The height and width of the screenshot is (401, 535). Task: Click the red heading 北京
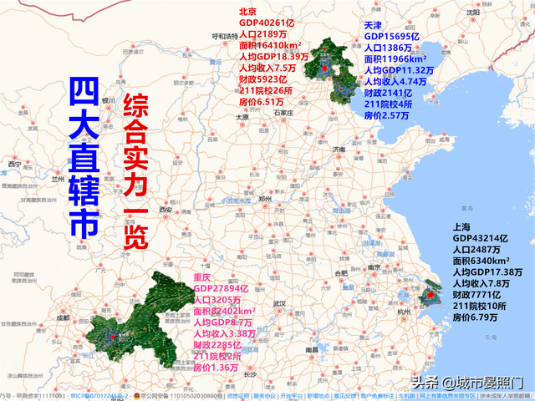pyautogui.click(x=247, y=12)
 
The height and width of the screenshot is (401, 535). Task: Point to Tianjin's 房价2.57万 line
pyautogui.click(x=387, y=116)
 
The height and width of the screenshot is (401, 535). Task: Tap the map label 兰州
pyautogui.click(x=57, y=179)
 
